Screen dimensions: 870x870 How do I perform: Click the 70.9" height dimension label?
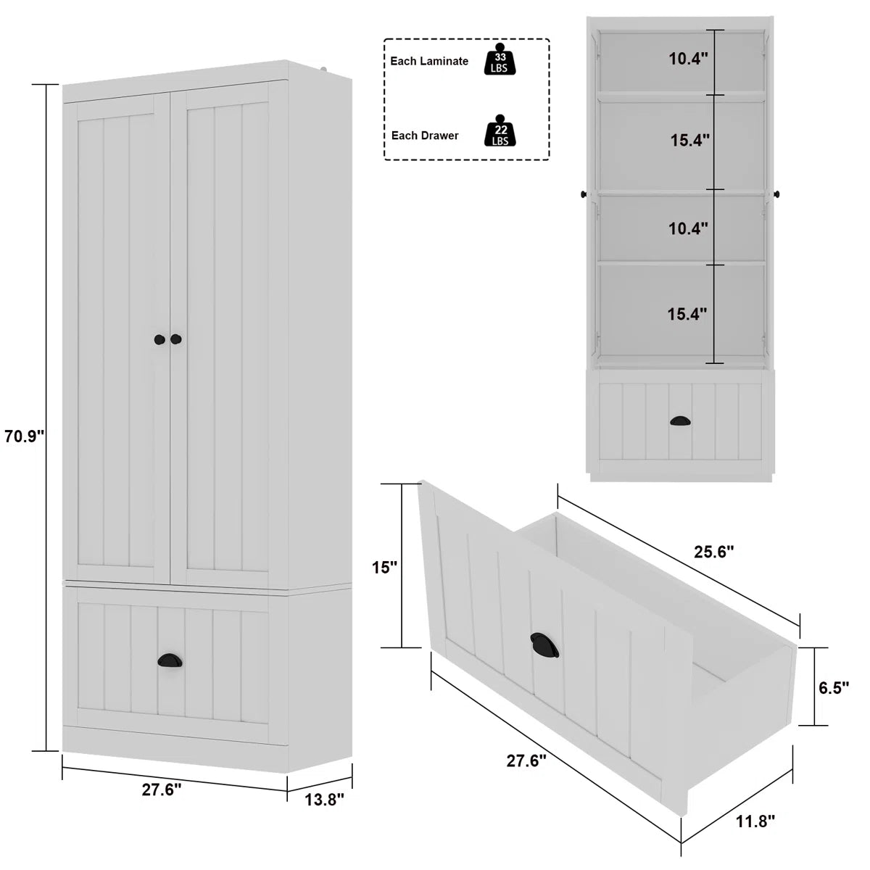(25, 436)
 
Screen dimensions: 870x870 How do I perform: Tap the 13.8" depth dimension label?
(323, 799)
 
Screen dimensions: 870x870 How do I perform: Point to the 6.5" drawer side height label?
(833, 687)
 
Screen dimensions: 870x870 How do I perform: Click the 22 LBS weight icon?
(500, 132)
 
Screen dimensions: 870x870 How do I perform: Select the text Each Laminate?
(429, 62)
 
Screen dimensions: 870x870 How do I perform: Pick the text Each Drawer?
(425, 136)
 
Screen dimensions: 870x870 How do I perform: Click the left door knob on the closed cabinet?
(159, 339)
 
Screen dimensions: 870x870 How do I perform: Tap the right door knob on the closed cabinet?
(176, 339)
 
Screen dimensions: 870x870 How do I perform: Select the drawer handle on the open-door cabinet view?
(681, 420)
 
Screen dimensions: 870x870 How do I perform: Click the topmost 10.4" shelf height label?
(688, 59)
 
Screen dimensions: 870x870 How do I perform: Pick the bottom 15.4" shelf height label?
(687, 314)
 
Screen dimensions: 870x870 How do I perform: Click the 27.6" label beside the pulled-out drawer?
(526, 761)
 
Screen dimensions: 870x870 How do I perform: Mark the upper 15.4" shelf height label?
(689, 141)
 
